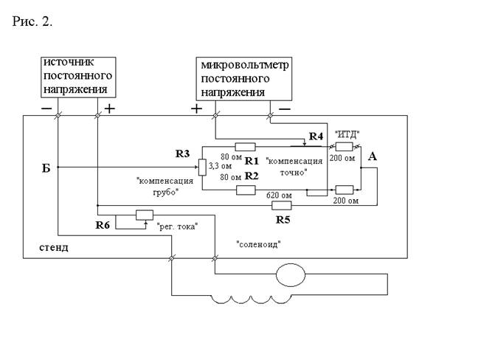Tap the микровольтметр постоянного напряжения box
(x=243, y=79)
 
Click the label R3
(x=183, y=153)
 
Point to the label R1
(x=251, y=160)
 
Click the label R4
(x=316, y=136)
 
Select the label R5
(x=283, y=220)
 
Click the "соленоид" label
(x=258, y=243)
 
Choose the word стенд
(x=54, y=247)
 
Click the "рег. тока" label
(x=178, y=226)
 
